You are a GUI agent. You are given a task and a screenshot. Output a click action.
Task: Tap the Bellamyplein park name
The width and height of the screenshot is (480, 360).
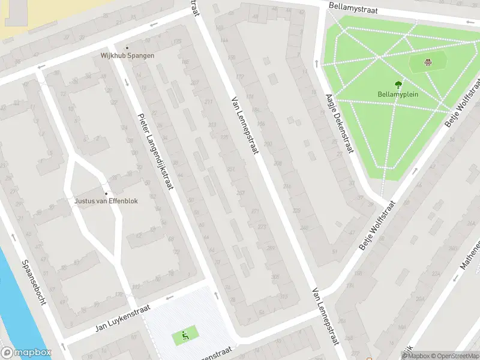tap(398, 94)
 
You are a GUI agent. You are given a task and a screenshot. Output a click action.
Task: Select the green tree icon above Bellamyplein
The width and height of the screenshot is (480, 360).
tap(398, 85)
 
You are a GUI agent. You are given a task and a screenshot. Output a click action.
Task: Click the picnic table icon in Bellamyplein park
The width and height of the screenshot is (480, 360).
tap(428, 61)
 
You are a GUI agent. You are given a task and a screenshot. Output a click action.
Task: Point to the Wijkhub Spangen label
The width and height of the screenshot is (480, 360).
tap(127, 56)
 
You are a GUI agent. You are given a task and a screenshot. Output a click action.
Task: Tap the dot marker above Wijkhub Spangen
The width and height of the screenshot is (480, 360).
tap(127, 48)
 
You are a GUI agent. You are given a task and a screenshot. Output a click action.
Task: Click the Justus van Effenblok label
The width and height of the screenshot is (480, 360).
tap(106, 201)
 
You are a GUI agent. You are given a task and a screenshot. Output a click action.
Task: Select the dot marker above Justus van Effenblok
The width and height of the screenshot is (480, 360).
tap(106, 193)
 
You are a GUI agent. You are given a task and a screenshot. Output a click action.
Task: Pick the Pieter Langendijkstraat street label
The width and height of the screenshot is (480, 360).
tap(155, 151)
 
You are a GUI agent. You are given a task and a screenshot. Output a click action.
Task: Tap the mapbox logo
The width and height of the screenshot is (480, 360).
tap(26, 353)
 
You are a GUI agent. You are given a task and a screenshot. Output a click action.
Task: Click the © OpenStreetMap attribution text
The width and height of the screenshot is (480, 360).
tap(455, 356)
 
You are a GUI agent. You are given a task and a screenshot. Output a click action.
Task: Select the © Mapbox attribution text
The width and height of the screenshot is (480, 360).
tap(416, 356)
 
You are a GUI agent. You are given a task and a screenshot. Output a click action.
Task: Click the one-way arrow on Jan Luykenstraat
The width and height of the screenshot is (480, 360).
tap(170, 297)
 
